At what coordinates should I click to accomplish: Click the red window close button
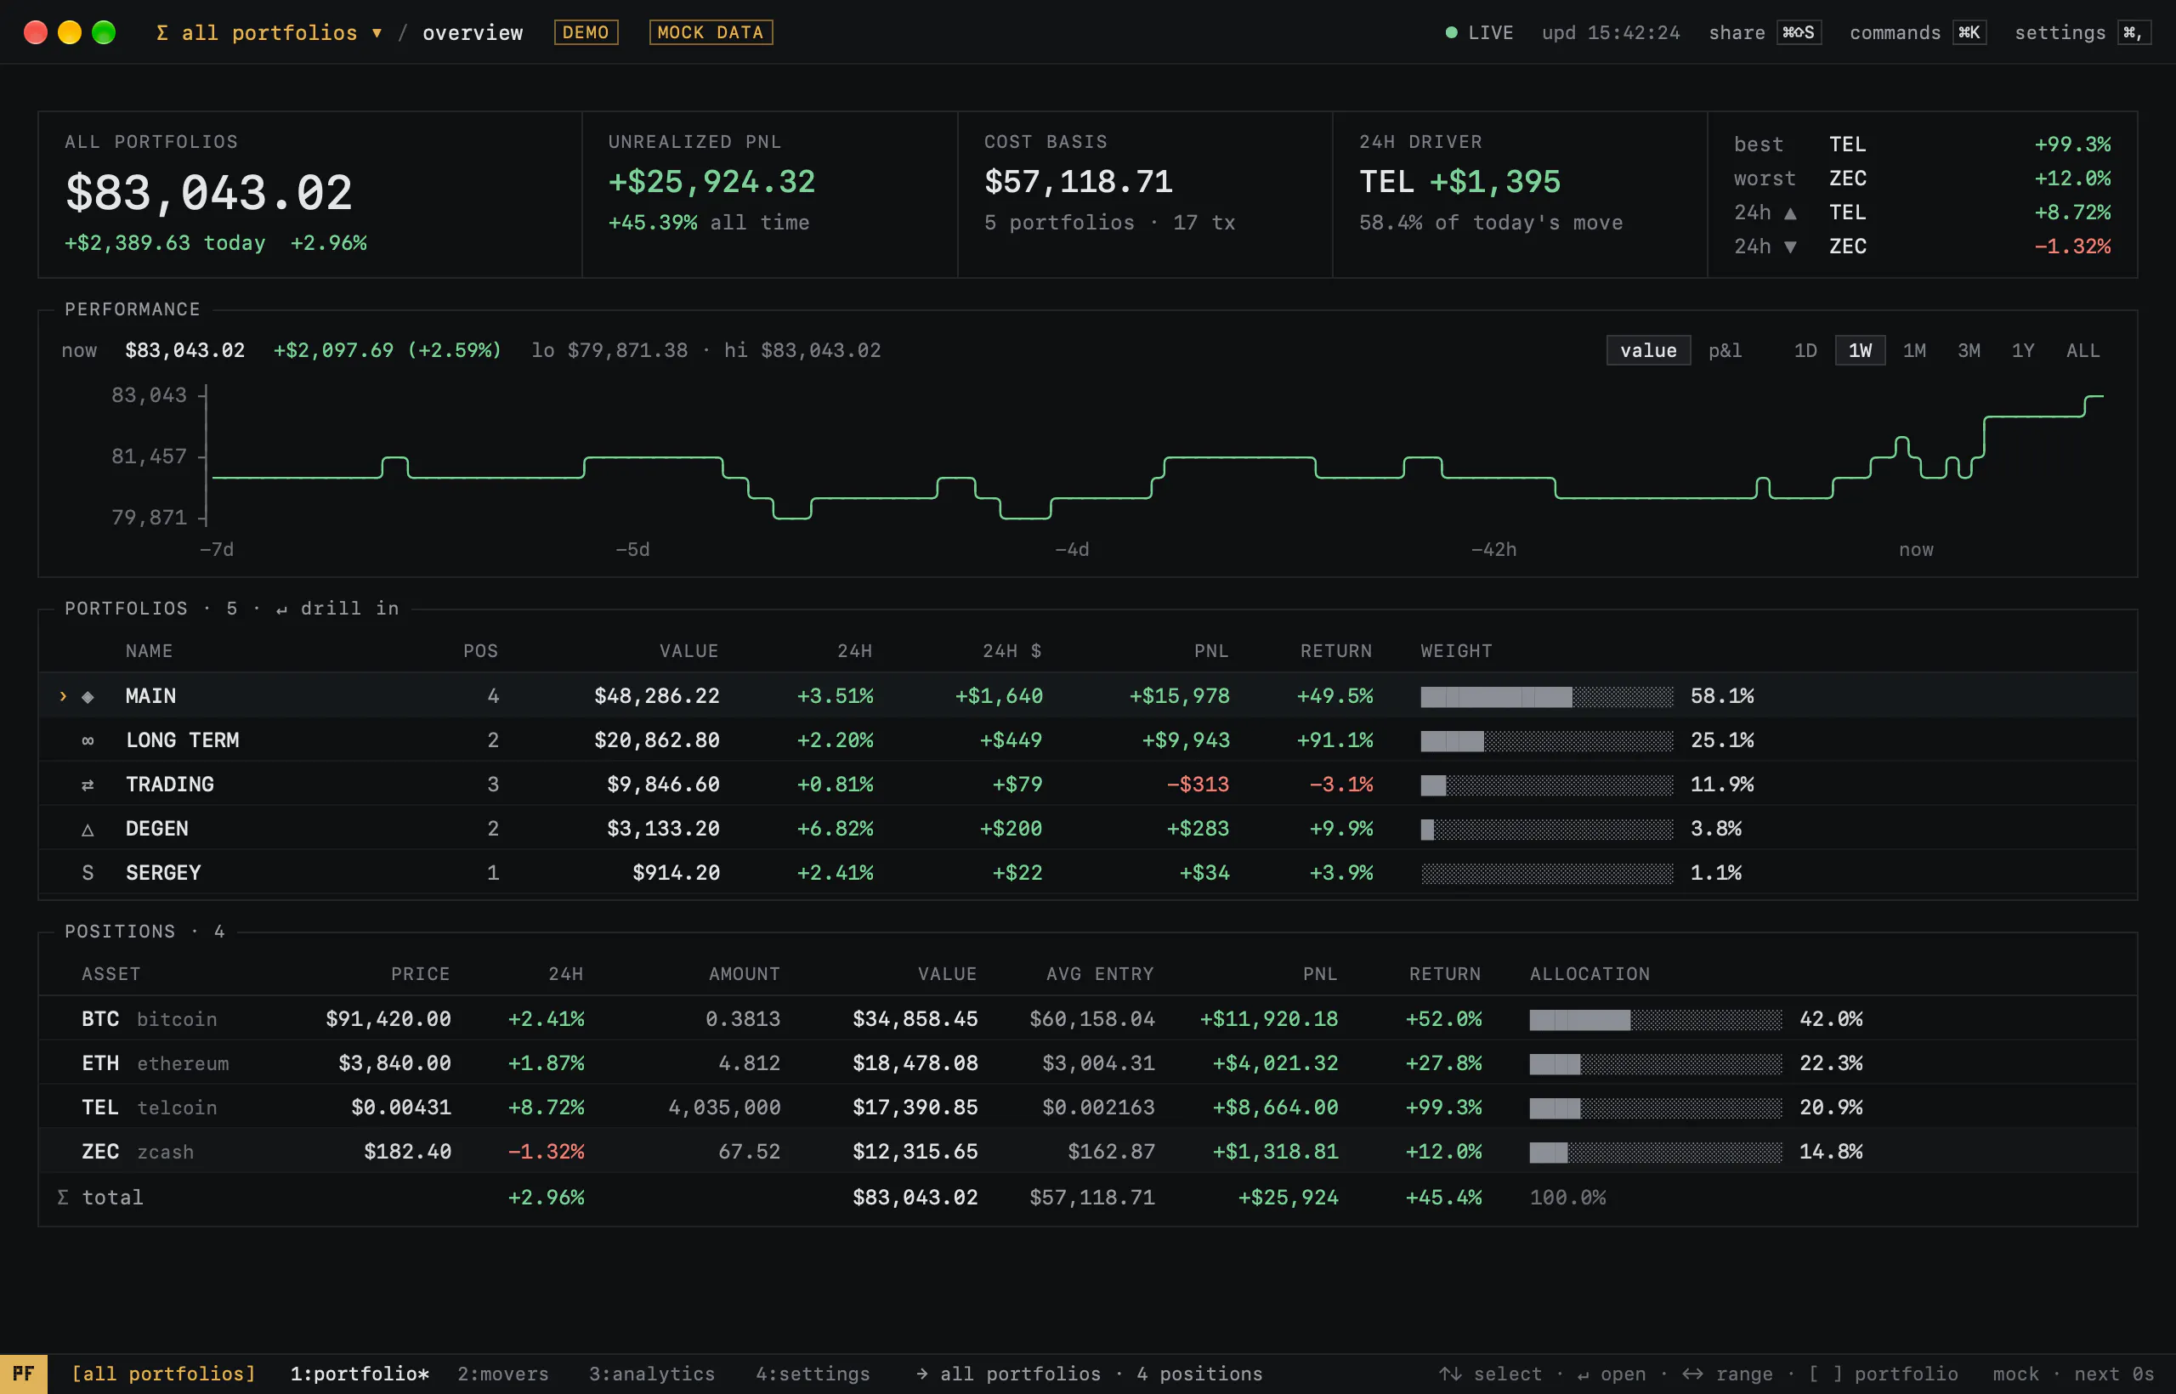[x=36, y=32]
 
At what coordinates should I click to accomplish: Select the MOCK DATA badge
[x=711, y=32]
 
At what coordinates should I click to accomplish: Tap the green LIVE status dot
[x=1451, y=32]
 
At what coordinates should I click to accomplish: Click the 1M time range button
[x=1913, y=350]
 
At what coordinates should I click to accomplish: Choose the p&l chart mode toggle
[x=1725, y=350]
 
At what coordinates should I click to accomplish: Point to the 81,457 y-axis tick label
[x=149, y=456]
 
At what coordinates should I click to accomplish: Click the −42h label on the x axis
[x=1493, y=549]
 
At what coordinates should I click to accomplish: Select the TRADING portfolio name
[x=170, y=784]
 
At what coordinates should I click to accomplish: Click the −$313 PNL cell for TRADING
[x=1198, y=784]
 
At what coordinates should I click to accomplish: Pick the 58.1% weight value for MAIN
[x=1722, y=696]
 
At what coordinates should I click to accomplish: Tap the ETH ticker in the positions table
[x=100, y=1062]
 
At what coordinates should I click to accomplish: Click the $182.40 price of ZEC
[x=407, y=1152]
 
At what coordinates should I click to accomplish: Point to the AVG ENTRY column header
[x=1100, y=974]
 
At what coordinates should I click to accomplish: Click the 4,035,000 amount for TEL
[x=724, y=1107]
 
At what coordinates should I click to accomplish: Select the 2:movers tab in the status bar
[x=503, y=1374]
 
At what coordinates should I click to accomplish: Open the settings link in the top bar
[x=2060, y=32]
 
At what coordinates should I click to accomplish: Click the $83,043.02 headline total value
[x=209, y=193]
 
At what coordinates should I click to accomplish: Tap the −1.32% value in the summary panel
[x=2073, y=246]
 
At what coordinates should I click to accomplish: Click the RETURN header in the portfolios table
[x=1336, y=651]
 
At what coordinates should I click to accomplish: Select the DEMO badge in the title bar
[x=586, y=32]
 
